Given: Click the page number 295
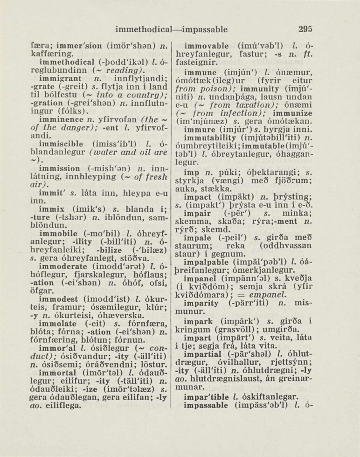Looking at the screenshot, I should click(305, 29).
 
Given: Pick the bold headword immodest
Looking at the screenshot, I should click(58, 297).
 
